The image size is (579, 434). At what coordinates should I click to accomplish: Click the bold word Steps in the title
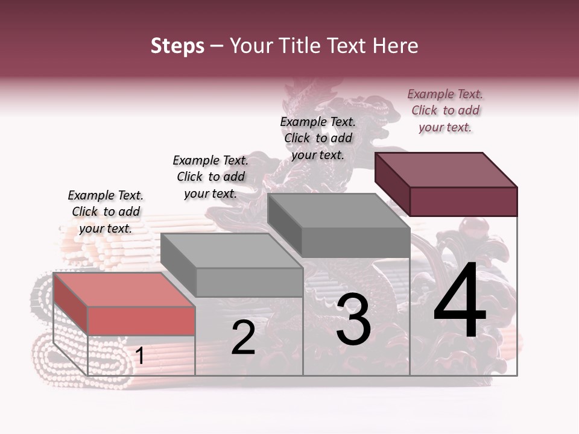pos(177,46)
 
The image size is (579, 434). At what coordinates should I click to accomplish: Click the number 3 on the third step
pos(353,319)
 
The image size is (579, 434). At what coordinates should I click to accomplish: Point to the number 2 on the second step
pos(244,338)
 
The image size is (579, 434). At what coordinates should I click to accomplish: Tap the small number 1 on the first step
pos(140,356)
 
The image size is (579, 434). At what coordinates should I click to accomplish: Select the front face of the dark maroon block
pos(463,201)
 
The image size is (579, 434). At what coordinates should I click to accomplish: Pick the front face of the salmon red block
pos(141,321)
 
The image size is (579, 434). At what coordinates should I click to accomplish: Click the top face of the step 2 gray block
pos(232,251)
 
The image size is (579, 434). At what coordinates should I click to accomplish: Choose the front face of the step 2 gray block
pos(249,282)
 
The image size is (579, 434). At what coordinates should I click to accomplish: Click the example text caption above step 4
pos(445,110)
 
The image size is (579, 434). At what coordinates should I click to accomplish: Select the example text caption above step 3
pos(318,138)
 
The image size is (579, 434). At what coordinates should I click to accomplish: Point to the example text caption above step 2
pos(210,177)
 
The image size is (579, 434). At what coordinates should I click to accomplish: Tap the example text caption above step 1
pos(106,212)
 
